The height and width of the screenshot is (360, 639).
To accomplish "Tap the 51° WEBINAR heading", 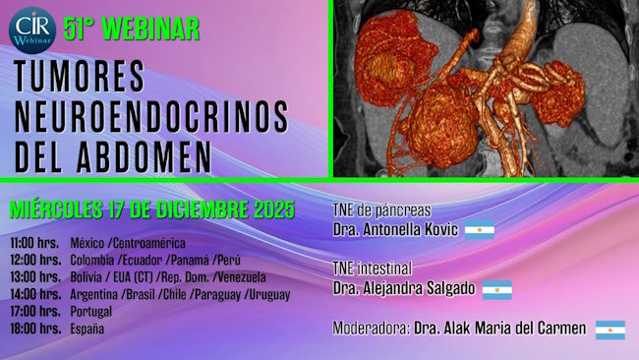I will pos(131,30).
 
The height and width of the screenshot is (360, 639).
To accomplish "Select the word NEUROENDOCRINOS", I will pos(151,117).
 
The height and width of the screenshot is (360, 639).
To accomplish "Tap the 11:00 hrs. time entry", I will pos(35,243).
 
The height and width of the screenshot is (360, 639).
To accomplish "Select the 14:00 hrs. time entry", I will pos(35,294).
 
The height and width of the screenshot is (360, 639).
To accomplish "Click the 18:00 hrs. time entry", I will pos(35,329).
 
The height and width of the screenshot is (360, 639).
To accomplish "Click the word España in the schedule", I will pos(87,329).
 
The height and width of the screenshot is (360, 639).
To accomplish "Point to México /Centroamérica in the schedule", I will pos(128,243).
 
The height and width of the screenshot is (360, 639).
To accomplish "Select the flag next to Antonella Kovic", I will pos(480,231).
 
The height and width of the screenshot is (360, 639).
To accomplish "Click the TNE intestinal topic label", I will pos(373,268).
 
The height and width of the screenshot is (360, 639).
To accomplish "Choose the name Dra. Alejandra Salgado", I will pos(405,288).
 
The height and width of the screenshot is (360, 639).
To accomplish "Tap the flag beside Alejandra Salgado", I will pos(497,289).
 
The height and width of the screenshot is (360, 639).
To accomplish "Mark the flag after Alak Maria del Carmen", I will pos(610,330).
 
